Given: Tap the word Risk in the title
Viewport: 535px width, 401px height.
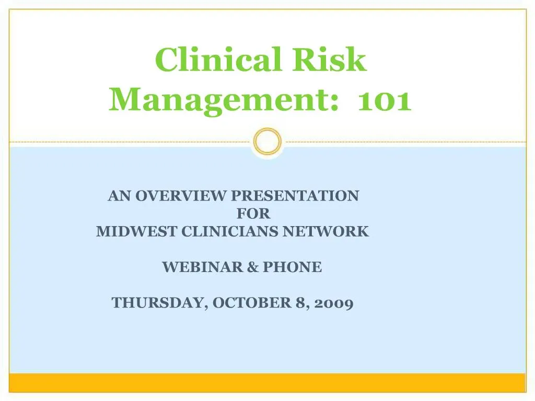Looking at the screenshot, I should tap(329, 60).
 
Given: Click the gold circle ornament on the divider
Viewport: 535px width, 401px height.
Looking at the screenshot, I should tap(267, 141).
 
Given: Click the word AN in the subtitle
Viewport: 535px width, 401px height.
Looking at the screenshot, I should tap(120, 196).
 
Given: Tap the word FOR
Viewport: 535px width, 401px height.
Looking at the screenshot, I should tap(253, 214).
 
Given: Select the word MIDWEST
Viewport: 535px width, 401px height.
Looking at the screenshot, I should tap(137, 231).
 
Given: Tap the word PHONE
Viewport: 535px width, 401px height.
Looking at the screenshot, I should tap(292, 267).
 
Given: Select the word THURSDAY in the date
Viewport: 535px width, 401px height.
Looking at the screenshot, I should tap(157, 303).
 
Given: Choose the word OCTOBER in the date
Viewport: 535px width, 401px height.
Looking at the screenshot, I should tap(250, 303).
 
